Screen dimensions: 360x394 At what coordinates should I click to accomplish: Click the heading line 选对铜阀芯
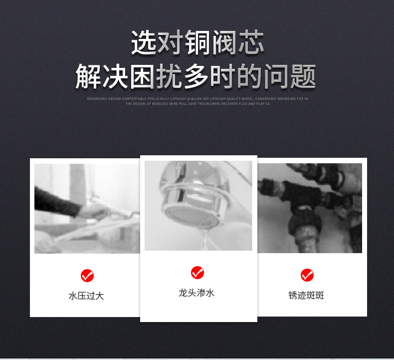click(197, 43)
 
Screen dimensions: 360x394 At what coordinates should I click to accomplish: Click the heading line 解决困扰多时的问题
click(196, 76)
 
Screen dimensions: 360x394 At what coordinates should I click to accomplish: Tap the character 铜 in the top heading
click(197, 43)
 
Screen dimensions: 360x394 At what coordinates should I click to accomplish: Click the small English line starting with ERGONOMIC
click(197, 99)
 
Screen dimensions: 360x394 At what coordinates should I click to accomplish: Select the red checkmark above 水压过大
click(87, 275)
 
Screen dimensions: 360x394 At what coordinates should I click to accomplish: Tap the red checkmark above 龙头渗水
click(197, 273)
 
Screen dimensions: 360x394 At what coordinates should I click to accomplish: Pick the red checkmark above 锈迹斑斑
click(307, 275)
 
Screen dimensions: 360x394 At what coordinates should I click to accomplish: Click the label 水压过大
click(86, 296)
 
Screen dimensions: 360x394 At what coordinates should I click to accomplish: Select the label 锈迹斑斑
click(306, 296)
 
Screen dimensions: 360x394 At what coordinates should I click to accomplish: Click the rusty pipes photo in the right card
click(310, 208)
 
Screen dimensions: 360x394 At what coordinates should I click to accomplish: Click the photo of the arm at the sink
click(87, 208)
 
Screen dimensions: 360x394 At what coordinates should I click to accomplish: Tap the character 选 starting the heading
click(144, 43)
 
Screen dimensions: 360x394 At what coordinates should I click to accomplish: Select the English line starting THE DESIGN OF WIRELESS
click(197, 104)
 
